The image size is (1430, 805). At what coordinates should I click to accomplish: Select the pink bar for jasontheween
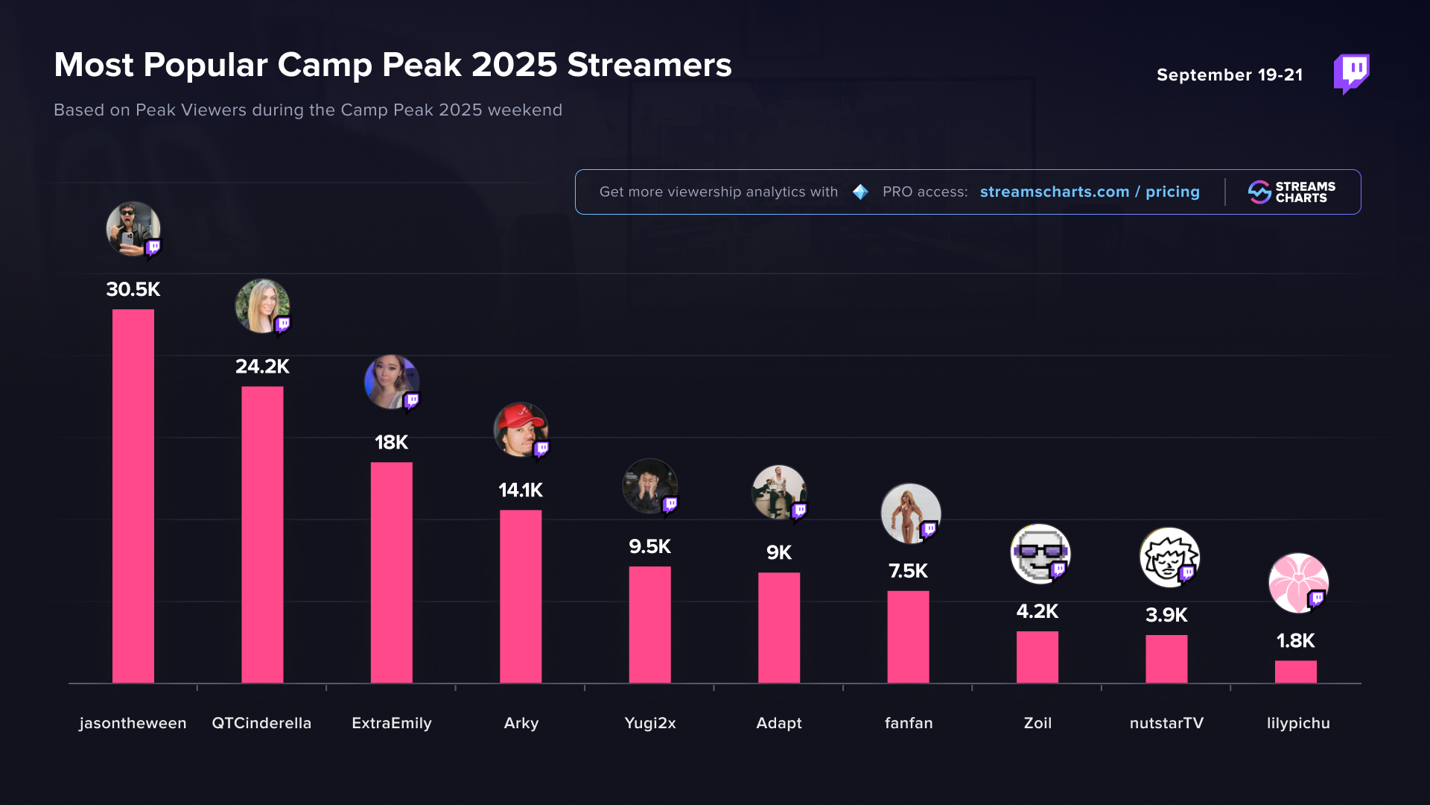[x=133, y=496]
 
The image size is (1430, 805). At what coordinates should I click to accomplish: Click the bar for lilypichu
[x=1295, y=672]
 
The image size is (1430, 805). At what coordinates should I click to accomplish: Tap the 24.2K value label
[x=262, y=366]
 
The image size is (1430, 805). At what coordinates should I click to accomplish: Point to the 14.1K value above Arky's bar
[x=521, y=490]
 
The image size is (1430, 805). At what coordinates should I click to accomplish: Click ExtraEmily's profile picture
[x=391, y=382]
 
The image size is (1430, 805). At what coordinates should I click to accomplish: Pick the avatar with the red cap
[x=520, y=430]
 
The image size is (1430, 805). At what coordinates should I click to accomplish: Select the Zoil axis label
[x=1037, y=723]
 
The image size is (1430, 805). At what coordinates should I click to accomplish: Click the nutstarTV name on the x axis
[x=1166, y=723]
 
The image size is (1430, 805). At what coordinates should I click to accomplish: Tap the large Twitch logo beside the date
[x=1351, y=73]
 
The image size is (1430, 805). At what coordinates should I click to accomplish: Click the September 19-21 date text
[x=1230, y=75]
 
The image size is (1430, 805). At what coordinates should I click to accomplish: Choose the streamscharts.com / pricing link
[x=1090, y=192]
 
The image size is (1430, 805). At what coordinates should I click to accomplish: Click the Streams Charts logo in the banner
[x=1292, y=192]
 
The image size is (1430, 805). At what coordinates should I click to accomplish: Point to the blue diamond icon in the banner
[x=860, y=192]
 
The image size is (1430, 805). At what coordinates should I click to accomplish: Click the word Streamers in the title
[x=649, y=65]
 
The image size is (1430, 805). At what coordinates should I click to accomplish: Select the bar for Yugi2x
[x=649, y=624]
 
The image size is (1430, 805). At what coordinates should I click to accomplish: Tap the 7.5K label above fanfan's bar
[x=908, y=571]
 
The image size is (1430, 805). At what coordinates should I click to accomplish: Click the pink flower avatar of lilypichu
[x=1297, y=582]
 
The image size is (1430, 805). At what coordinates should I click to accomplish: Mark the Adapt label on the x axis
[x=779, y=723]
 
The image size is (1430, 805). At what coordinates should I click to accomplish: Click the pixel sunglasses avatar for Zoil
[x=1039, y=553]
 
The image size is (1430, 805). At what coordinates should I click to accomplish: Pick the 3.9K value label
[x=1166, y=615]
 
